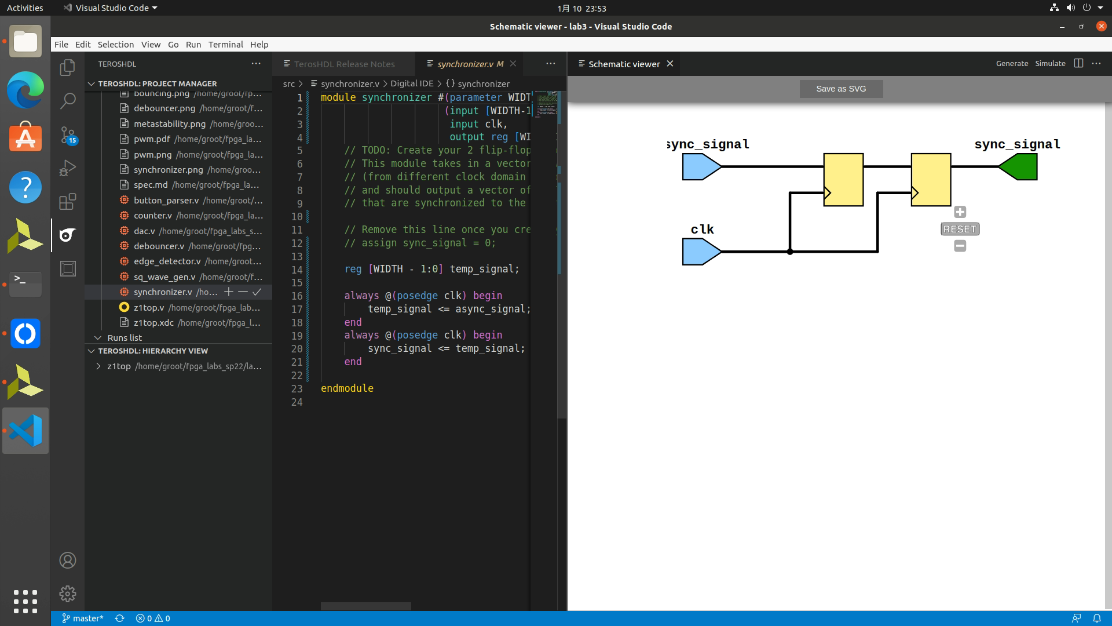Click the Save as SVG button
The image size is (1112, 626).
841,89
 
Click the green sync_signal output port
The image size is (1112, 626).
1019,167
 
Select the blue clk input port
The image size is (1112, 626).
700,252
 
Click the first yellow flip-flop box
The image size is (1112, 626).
843,179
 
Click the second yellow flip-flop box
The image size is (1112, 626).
931,179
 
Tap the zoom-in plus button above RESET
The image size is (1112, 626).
960,212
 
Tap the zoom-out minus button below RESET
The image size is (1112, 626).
960,246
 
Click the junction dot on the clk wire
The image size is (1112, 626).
790,252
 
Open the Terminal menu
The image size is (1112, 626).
225,45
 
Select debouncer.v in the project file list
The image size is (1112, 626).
159,246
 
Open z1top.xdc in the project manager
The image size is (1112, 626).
153,322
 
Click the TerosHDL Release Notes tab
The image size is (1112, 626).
344,64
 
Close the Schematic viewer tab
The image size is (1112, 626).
670,64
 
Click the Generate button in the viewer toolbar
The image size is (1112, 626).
1012,64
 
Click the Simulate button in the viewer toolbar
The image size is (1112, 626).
1050,64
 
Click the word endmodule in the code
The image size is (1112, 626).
347,388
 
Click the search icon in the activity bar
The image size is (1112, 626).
68,101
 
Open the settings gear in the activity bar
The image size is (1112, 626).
68,594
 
